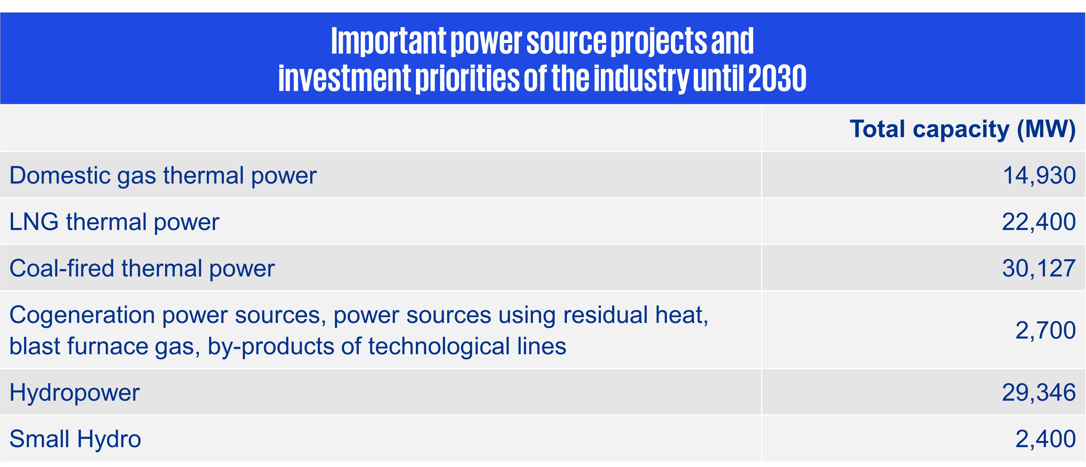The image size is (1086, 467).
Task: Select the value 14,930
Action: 1039,175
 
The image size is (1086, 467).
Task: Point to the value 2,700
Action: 1046,330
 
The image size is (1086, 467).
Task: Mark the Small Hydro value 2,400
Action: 1046,439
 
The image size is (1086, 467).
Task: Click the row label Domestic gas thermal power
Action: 163,176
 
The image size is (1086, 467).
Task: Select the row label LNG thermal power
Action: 114,222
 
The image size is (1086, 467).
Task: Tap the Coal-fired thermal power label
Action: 142,269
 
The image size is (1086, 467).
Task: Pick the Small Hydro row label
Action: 75,439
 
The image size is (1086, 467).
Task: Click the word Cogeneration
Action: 82,315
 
